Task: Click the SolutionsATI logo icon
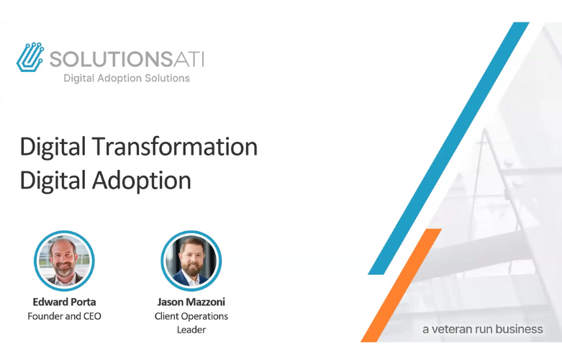click(x=30, y=57)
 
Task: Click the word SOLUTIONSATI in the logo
click(x=126, y=57)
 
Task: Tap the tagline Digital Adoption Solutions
click(x=127, y=78)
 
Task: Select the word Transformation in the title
click(x=175, y=146)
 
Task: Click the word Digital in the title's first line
click(x=53, y=146)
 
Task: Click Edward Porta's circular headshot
click(x=65, y=261)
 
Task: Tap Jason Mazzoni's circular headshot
click(x=191, y=261)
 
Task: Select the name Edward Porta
click(x=64, y=302)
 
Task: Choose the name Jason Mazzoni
click(x=191, y=302)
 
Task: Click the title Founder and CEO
click(x=64, y=316)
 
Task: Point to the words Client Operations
click(x=191, y=316)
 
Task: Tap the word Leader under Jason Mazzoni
click(x=191, y=330)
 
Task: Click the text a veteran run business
click(x=482, y=329)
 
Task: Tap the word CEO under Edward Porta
click(x=91, y=316)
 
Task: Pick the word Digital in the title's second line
click(x=53, y=180)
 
